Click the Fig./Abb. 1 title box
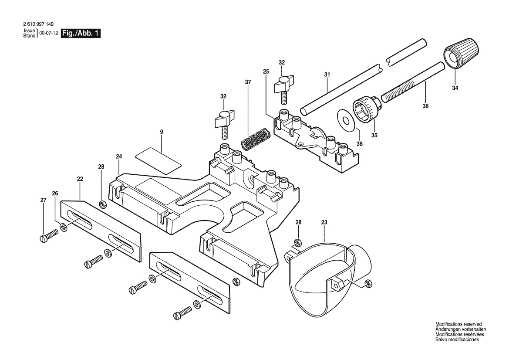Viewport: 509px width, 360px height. click(81, 33)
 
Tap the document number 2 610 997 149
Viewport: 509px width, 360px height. click(39, 24)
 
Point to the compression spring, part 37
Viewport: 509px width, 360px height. click(255, 139)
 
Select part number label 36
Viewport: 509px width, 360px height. click(425, 106)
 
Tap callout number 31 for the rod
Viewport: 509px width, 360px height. click(327, 75)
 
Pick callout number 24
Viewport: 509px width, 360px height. click(119, 156)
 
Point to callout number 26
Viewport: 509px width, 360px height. click(55, 194)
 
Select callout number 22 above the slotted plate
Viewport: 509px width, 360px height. click(80, 179)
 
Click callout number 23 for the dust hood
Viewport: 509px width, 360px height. click(324, 223)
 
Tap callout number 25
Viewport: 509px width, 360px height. click(266, 72)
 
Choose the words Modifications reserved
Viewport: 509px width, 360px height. click(458, 324)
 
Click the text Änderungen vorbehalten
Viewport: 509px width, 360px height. click(461, 329)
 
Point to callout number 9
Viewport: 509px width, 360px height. click(162, 132)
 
